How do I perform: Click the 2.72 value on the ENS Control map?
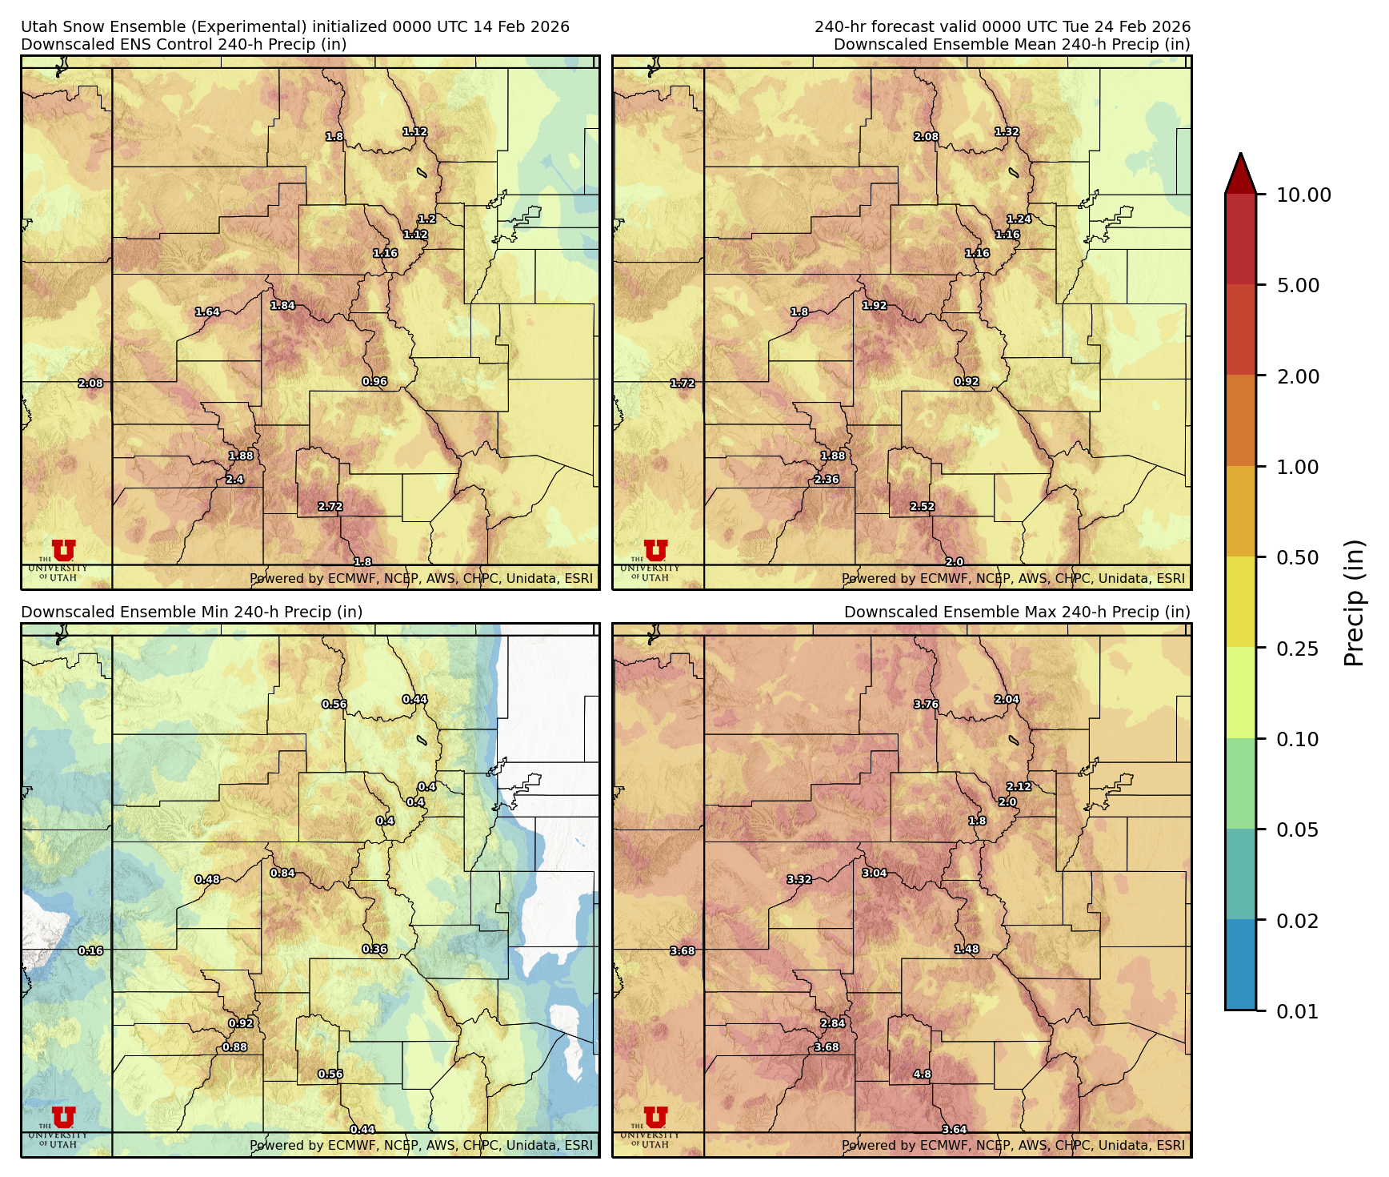tap(330, 507)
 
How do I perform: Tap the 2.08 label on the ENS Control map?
tap(90, 384)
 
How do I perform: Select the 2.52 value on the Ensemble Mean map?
tap(922, 507)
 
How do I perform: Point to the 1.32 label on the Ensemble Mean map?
tap(1007, 132)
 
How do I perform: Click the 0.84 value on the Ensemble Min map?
tap(282, 873)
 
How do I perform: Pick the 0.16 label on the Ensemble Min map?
tap(90, 951)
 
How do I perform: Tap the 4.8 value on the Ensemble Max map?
tap(922, 1075)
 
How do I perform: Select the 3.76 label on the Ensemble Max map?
tap(926, 705)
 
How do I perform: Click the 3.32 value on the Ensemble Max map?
tap(799, 879)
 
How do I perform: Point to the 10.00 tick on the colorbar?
tap(1303, 195)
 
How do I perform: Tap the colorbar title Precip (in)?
tap(1354, 603)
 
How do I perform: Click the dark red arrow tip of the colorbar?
tap(1240, 170)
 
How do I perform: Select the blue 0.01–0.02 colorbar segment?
tap(1240, 965)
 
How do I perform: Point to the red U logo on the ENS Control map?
tap(63, 551)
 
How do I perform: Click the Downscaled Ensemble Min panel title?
tap(192, 613)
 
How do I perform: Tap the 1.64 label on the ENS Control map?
tap(207, 312)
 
